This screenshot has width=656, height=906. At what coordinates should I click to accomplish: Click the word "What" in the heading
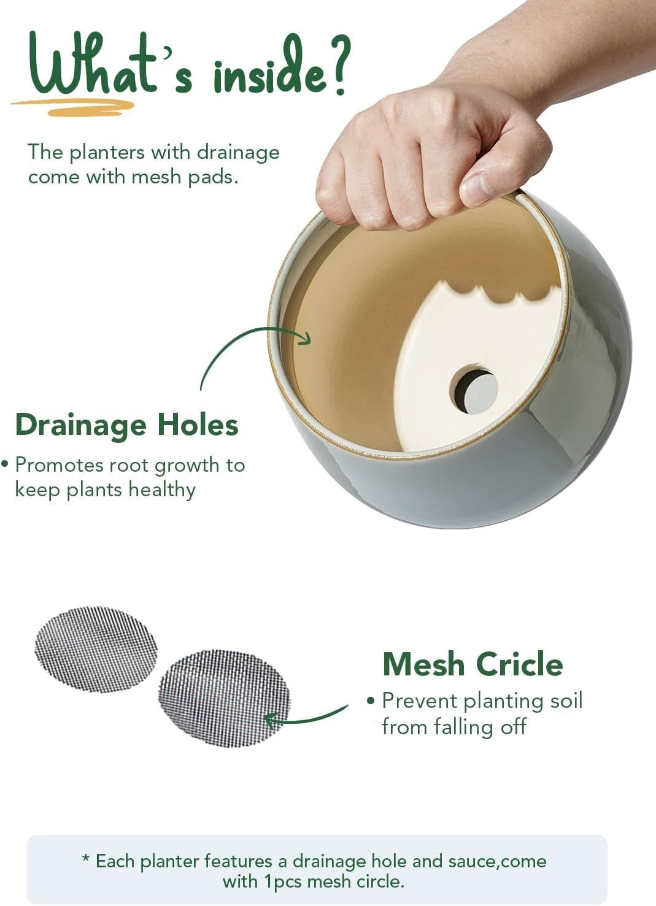[92, 66]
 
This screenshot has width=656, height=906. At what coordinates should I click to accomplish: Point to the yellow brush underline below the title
[74, 107]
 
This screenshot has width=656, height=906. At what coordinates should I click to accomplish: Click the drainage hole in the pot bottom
[474, 390]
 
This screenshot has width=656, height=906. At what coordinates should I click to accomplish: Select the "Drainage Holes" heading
[126, 424]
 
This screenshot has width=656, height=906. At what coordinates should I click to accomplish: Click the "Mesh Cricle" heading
[472, 664]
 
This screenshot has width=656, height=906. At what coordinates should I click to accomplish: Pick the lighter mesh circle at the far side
[96, 649]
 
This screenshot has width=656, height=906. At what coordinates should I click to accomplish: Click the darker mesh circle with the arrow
[225, 697]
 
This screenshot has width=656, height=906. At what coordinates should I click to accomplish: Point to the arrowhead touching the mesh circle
[269, 719]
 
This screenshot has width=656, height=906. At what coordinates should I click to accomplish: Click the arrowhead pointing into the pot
[305, 338]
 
